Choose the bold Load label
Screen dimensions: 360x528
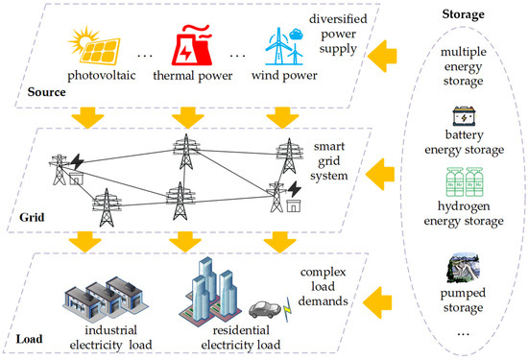tap(30, 338)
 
